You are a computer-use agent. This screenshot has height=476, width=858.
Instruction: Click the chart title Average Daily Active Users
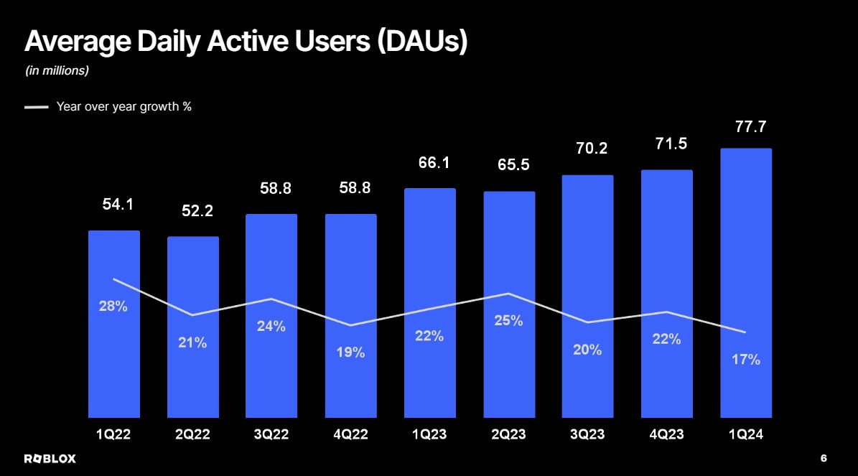point(246,42)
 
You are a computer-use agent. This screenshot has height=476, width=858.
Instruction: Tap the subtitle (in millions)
point(57,71)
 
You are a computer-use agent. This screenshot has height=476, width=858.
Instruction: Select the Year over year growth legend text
point(124,107)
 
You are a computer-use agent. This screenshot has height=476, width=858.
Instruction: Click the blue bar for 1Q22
point(114,359)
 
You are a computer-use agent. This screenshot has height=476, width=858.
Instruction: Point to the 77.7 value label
point(746,128)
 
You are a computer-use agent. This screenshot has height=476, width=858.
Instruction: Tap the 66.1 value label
point(434,163)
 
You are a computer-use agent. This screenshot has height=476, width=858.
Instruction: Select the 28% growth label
point(113,307)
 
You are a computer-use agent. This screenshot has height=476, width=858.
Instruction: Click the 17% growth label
point(746,360)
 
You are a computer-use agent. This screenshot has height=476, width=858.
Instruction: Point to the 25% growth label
point(508,321)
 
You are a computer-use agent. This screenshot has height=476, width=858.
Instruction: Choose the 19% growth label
point(350,353)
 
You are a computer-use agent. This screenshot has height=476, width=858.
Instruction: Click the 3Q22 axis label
point(271,434)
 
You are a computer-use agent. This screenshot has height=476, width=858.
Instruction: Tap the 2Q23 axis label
point(509,434)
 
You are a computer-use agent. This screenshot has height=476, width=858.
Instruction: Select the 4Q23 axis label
point(667,434)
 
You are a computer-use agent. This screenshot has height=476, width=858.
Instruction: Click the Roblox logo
point(50,458)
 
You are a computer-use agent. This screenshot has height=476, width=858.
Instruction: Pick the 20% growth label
point(587,350)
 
